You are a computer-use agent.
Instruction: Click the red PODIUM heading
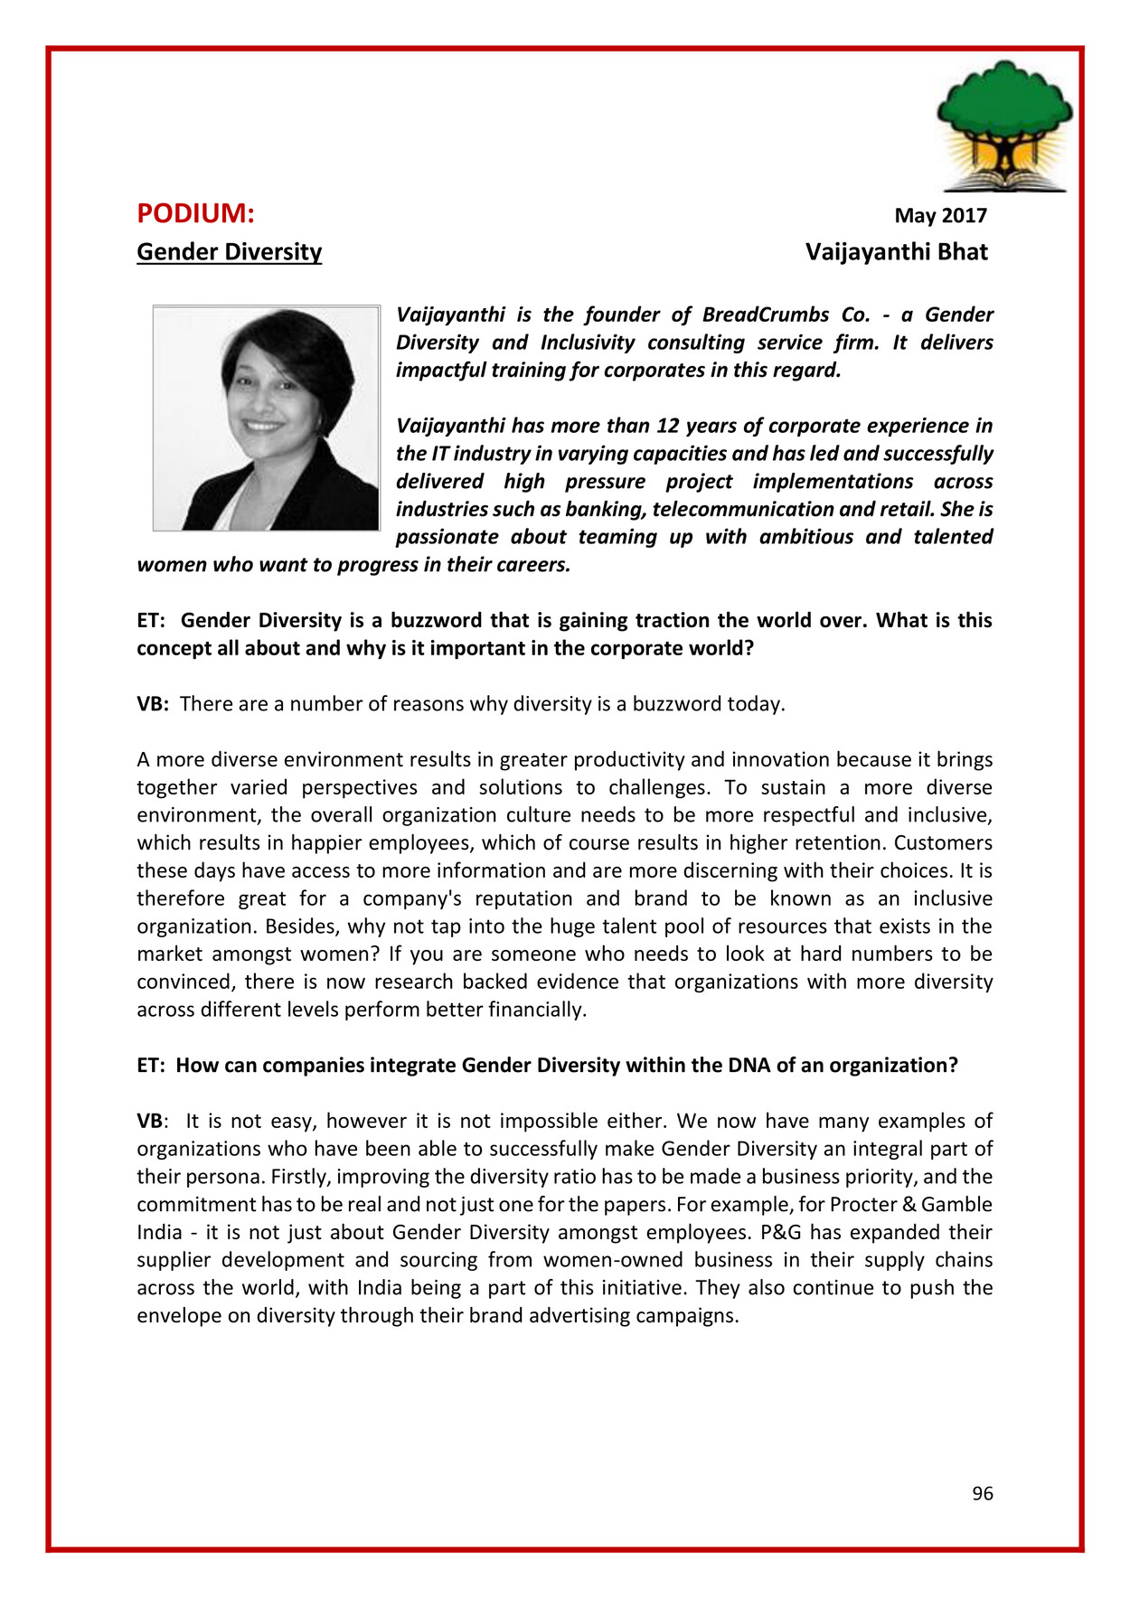[x=195, y=214]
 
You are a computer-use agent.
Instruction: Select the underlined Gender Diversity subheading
[x=229, y=252]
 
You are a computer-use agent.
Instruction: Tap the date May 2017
[x=940, y=216]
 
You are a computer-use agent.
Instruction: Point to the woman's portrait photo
[x=266, y=418]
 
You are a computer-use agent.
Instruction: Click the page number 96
[x=982, y=1494]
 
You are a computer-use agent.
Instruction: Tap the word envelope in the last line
[x=178, y=1316]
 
